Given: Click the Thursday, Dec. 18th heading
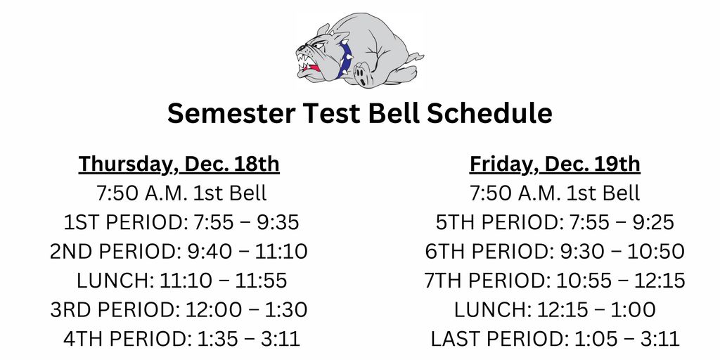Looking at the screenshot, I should pos(179,164).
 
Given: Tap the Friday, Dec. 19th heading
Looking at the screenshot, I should pos(555,164).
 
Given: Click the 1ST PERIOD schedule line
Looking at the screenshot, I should pos(181,222).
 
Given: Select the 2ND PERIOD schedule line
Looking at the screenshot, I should pos(179,251).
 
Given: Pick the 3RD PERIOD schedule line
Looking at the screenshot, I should pos(179,309).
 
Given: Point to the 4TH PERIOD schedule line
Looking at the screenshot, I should pos(181,339).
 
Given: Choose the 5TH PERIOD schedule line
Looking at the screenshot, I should pos(555,222).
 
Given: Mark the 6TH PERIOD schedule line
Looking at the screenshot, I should pos(555,251).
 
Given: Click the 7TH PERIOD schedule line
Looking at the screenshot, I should pos(555,281).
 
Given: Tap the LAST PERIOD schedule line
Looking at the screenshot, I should pos(555,339).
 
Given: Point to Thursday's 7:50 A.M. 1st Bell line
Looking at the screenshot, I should pos(181,193).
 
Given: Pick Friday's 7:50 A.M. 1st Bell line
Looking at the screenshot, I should pos(555,193).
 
